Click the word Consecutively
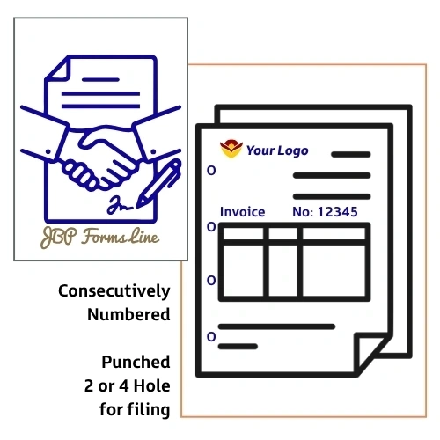pos(114,291)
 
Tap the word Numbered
pos(128,314)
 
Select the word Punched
pos(136,362)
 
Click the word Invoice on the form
pos(243,212)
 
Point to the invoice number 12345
pos(338,212)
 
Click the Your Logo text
pos(277,150)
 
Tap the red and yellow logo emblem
pos(231,149)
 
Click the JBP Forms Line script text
pos(100,237)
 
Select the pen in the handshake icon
pos(158,184)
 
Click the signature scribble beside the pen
pos(119,205)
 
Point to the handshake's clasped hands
pos(99,161)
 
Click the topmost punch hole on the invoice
pos(211,171)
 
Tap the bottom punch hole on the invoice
pos(211,337)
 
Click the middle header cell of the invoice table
pos(283,234)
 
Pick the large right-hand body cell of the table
pos(334,271)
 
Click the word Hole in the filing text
pos(151,385)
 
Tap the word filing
pos(149,410)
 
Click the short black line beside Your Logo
pos(351,154)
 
